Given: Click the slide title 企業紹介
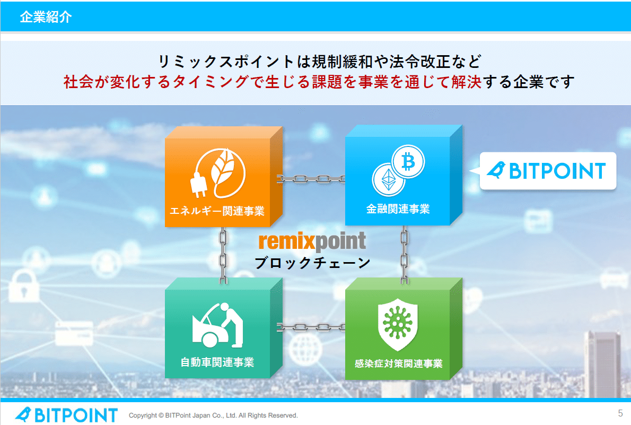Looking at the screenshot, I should click(x=46, y=17).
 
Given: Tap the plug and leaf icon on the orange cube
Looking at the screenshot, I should click(x=218, y=172).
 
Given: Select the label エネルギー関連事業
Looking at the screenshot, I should click(x=217, y=211).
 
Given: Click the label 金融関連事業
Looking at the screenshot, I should click(x=398, y=209).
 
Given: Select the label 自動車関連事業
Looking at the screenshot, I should click(x=217, y=362).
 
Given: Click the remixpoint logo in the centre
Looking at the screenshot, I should click(x=312, y=241).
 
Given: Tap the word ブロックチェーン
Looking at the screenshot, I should click(x=312, y=262).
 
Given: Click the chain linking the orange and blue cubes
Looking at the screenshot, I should click(x=312, y=179).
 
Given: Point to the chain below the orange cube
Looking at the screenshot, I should click(x=223, y=255).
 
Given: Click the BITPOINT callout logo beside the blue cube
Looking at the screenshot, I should click(x=547, y=171).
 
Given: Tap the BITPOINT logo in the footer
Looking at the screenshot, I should click(x=66, y=415).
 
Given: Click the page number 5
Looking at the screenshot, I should click(x=620, y=413).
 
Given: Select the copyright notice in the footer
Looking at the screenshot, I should click(x=213, y=415).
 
